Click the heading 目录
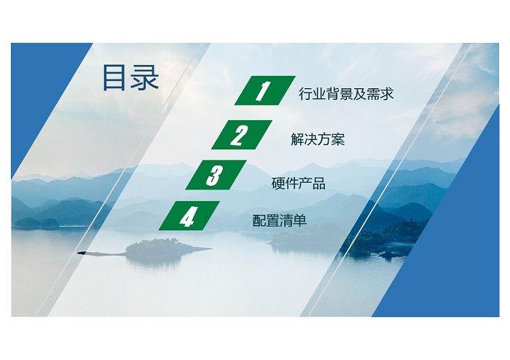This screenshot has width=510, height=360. click(x=130, y=77)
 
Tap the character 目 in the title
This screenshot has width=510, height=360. click(x=114, y=77)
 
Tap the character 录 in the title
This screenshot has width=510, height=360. click(x=145, y=77)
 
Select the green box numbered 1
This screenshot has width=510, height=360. click(x=265, y=90)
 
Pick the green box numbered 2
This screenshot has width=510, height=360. click(x=242, y=135)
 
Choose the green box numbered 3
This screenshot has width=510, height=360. click(x=216, y=175)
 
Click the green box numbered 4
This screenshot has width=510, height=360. click(x=189, y=216)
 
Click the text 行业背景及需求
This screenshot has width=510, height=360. click(x=346, y=94)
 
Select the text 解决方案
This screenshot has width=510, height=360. click(x=318, y=139)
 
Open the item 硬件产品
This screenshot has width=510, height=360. click(x=298, y=184)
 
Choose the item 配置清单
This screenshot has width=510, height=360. click(x=279, y=221)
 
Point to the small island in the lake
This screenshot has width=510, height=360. click(x=162, y=248)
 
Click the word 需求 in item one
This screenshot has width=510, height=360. click(x=380, y=94)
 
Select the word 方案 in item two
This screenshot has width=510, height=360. click(x=331, y=139)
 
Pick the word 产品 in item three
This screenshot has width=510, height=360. click(x=312, y=184)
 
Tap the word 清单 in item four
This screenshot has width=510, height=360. click(x=293, y=221)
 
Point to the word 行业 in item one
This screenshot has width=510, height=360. click(x=312, y=94)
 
